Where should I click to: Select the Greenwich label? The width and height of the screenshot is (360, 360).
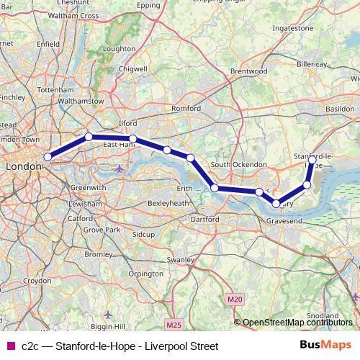[x=89, y=187]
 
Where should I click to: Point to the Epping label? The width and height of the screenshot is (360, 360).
[x=148, y=5]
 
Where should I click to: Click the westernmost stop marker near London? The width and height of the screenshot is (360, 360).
[x=48, y=156]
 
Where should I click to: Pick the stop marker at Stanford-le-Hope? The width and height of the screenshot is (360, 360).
[x=312, y=160]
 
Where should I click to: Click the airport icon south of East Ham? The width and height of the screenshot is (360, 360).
[x=119, y=169]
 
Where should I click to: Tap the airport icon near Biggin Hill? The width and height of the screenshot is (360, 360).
[x=108, y=315]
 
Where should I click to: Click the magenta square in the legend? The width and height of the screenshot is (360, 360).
[x=10, y=346]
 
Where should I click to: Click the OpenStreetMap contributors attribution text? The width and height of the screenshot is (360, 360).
[x=297, y=323]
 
